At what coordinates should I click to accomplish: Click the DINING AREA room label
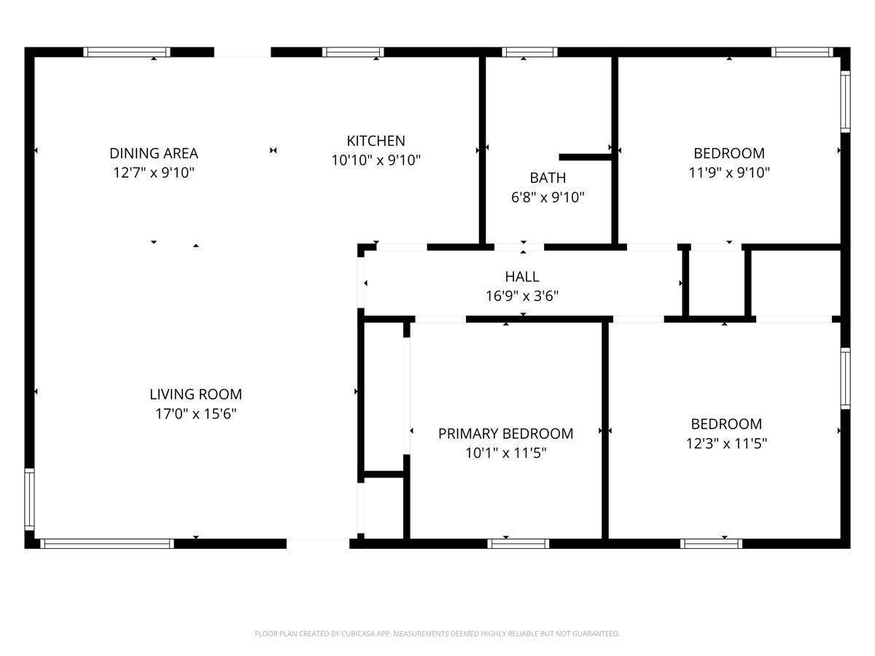coord(153,153)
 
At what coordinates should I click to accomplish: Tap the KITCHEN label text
coord(376,141)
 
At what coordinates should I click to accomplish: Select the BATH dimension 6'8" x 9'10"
coord(548,197)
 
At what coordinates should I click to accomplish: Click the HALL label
coord(522,277)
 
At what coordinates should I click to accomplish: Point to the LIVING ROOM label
coord(195,394)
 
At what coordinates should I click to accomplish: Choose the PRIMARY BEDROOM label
coord(505,434)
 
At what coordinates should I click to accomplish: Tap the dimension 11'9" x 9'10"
coord(729,173)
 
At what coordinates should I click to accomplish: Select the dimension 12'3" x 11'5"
coord(726,443)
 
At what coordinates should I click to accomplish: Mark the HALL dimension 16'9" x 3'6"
coord(522,296)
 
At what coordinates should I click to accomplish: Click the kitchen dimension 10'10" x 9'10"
coord(376,160)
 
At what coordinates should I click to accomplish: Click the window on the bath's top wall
coord(530,52)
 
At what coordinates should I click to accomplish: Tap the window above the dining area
coord(127,52)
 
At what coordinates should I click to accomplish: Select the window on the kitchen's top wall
coord(353,52)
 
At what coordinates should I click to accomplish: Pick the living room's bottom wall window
coord(107,543)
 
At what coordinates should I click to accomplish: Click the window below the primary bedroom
coord(518,543)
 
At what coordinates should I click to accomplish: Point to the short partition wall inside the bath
coord(585,157)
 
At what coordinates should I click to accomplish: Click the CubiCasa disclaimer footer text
coord(437,634)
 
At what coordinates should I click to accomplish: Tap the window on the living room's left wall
coord(30,499)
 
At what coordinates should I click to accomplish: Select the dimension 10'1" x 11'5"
coord(505,453)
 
